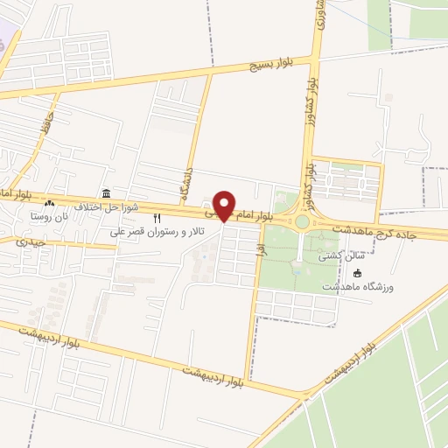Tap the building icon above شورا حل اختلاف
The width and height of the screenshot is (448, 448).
[x=106, y=193]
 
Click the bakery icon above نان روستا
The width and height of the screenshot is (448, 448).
[x=49, y=203]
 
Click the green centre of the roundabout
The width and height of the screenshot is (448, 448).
[x=302, y=221]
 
